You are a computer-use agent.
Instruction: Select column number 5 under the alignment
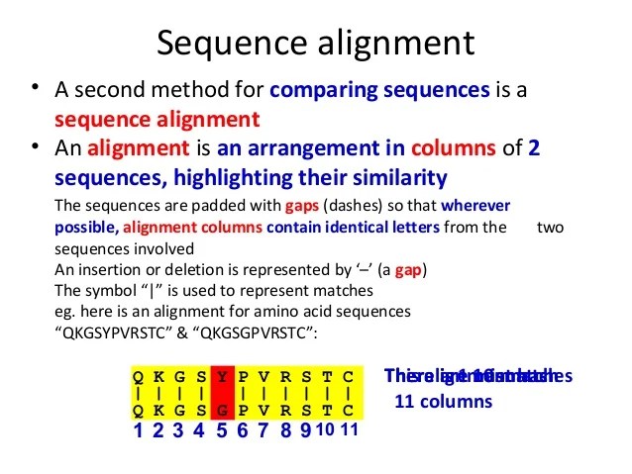[222, 430]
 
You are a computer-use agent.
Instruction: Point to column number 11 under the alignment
[348, 430]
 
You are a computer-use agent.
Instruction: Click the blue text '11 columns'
[443, 403]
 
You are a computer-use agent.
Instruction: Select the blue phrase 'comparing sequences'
[379, 90]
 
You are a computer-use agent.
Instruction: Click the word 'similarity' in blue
[394, 178]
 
